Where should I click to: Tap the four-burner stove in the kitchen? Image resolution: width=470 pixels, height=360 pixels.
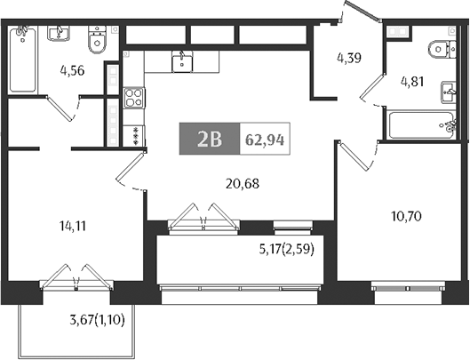tap(133, 96)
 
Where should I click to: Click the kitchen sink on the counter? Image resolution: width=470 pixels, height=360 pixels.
tap(184, 60)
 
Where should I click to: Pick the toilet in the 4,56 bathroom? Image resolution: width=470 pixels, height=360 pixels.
tap(97, 40)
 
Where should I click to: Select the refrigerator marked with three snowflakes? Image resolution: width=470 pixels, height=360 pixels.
tap(134, 135)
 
